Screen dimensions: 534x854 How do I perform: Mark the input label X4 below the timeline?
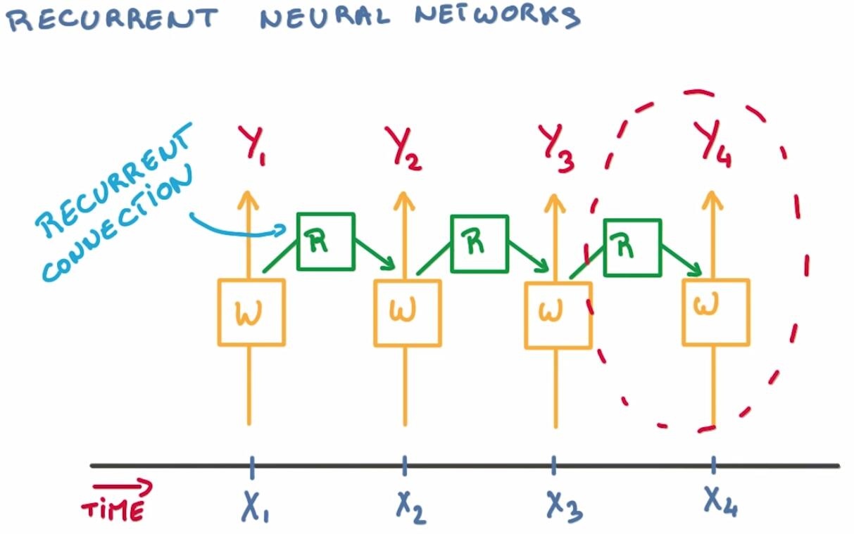pos(719,501)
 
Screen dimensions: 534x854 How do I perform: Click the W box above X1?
pos(251,312)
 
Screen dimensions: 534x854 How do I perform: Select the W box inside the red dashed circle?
pos(715,312)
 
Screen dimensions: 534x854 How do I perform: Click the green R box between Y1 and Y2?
pos(325,241)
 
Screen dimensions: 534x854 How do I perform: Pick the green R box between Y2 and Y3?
pos(479,243)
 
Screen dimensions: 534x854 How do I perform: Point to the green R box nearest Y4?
pos(632,247)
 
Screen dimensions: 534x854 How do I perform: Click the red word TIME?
pos(112,509)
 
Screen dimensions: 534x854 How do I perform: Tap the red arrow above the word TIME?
pos(122,487)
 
